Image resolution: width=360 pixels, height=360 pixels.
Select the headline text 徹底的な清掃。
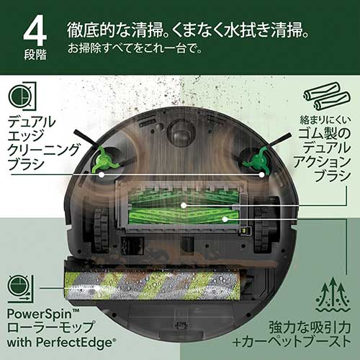click(111, 32)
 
